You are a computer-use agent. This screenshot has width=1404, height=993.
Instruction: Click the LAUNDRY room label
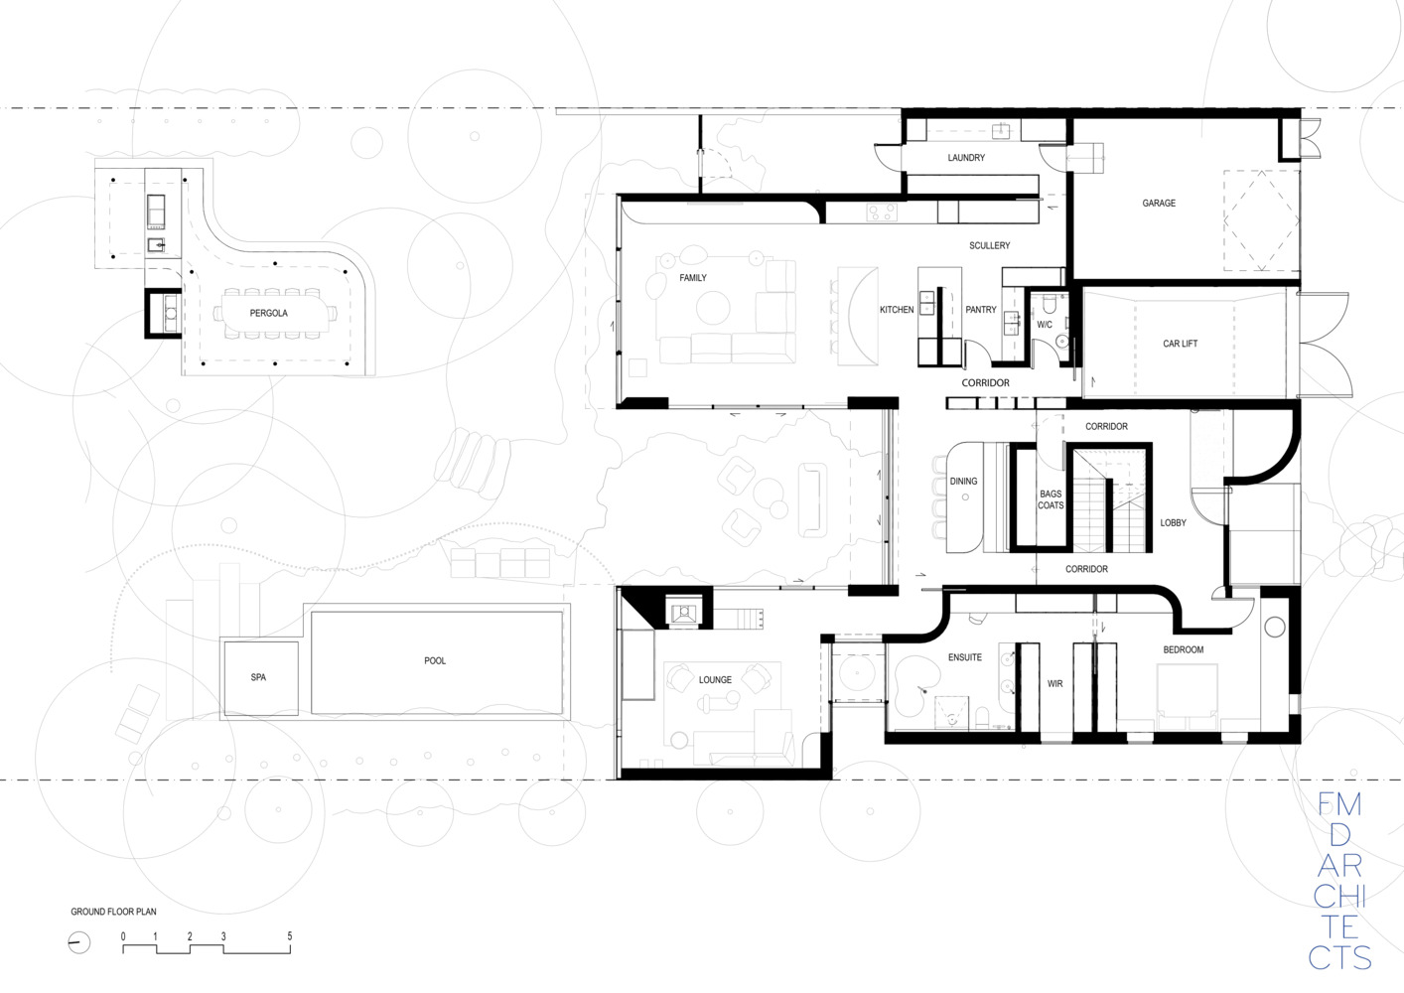click(x=966, y=157)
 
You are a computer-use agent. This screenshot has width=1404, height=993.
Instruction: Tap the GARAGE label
click(x=1159, y=204)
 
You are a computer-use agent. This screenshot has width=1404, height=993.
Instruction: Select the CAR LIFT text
click(x=1180, y=344)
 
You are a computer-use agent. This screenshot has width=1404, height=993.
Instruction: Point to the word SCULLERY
click(x=989, y=245)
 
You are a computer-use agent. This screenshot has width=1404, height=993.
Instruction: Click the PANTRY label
click(x=980, y=310)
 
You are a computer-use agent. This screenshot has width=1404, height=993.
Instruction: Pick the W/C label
click(x=1045, y=325)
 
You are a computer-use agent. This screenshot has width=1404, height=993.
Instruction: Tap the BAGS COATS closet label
click(x=1051, y=499)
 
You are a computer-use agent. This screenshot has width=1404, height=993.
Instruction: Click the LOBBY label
click(x=1173, y=523)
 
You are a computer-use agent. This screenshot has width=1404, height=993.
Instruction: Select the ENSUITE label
click(x=964, y=657)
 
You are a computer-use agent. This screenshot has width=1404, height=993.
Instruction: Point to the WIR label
click(x=1054, y=684)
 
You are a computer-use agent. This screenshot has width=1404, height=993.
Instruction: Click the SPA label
click(x=258, y=677)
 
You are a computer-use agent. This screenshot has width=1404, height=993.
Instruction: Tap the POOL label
click(x=435, y=660)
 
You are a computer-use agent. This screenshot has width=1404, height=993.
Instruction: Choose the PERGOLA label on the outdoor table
click(x=269, y=314)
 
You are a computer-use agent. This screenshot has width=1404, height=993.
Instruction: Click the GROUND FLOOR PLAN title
click(x=113, y=912)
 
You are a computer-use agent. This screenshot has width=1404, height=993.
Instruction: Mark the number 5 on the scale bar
click(x=290, y=936)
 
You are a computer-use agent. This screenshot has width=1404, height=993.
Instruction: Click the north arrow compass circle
click(x=79, y=942)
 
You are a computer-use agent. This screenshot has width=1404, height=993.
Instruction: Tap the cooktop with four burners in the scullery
click(x=882, y=213)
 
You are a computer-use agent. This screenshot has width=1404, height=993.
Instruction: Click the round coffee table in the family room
click(x=713, y=308)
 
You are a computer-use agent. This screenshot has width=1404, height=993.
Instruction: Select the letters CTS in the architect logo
click(x=1340, y=958)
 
